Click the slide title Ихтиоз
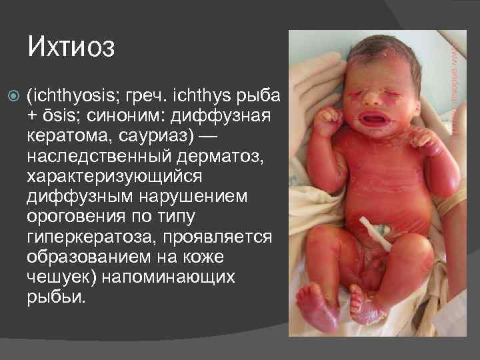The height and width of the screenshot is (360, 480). click(71, 48)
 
